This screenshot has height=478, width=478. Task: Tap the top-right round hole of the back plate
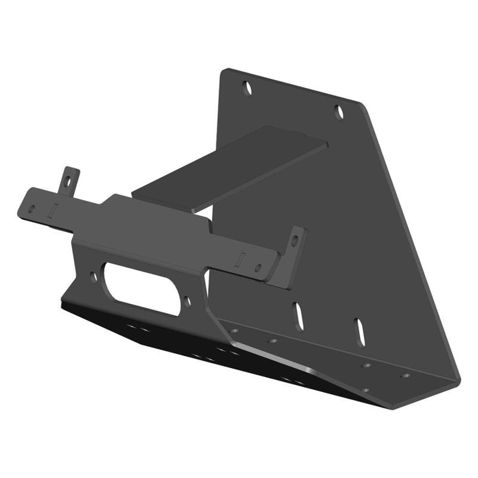338,111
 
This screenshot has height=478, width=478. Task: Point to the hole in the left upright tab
69,179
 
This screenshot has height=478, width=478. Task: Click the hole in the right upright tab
294,240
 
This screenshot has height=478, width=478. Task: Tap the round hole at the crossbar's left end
31,207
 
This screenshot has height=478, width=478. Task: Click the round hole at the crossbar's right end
258,268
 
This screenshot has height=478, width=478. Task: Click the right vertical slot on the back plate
358,329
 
